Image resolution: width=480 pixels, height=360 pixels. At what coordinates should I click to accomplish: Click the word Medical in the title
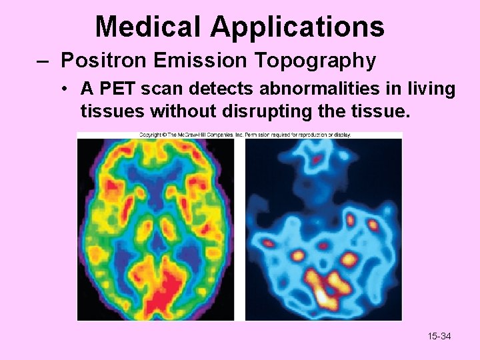[x=149, y=27]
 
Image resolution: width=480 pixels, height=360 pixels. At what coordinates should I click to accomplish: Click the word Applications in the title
[x=297, y=27]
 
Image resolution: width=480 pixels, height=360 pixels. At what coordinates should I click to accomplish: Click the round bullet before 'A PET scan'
[x=69, y=89]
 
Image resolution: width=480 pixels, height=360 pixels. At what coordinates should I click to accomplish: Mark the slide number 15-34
[x=439, y=336]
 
